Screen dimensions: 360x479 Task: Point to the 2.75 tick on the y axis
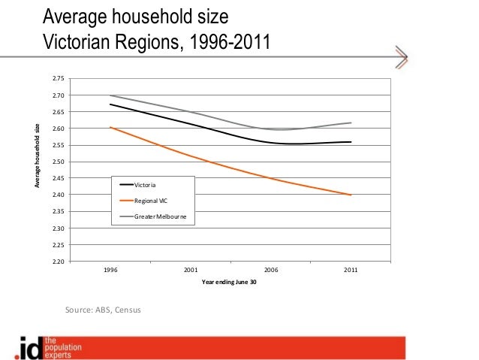coord(59,79)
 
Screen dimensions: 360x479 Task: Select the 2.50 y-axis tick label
coord(59,162)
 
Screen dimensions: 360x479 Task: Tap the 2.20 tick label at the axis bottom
coord(59,262)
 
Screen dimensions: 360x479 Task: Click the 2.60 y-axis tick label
coord(59,129)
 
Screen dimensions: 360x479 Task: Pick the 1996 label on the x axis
coord(110,269)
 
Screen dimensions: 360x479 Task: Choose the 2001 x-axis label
coord(191,269)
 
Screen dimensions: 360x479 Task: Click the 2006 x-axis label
coord(270,269)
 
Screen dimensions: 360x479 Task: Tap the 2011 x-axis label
coord(351,269)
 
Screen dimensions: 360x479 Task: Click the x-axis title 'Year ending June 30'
coord(229,282)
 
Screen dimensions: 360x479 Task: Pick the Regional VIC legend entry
coord(151,201)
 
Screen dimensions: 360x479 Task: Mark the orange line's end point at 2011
coord(351,195)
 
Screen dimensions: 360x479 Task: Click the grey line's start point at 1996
coord(110,95)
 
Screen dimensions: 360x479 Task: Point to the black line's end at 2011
coord(351,142)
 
